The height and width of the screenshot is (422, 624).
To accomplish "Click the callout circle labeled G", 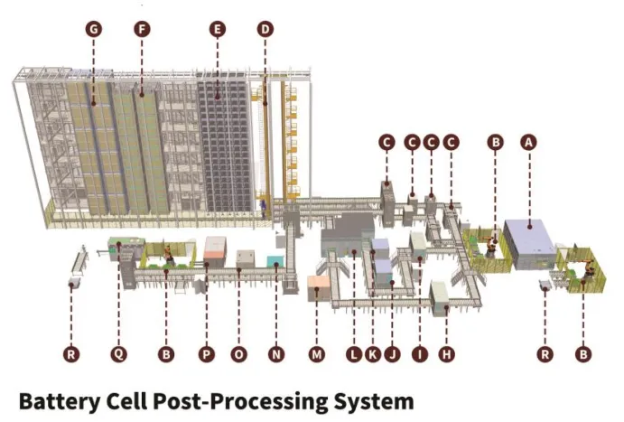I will click(x=92, y=29).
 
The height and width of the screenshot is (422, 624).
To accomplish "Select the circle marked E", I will click(x=217, y=29).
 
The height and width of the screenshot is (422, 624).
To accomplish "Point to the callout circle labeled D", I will click(x=265, y=29).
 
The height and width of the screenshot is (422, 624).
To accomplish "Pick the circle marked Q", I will click(x=118, y=354).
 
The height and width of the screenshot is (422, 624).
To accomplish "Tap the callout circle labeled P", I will click(x=207, y=354).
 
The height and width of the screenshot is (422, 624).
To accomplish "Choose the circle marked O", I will click(x=239, y=354).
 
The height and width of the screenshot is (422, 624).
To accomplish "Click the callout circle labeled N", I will click(x=275, y=354).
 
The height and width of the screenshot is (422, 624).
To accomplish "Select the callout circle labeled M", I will click(x=316, y=354).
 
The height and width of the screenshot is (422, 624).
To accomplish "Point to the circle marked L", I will click(x=353, y=354).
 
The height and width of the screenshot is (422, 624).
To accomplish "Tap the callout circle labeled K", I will click(x=373, y=354).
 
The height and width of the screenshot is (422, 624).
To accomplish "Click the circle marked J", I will click(x=392, y=354).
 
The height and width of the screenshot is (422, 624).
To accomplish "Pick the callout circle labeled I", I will click(x=419, y=354).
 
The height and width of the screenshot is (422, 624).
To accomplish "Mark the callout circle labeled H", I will click(x=445, y=354).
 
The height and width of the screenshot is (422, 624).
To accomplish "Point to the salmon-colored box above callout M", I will click(x=318, y=288).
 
